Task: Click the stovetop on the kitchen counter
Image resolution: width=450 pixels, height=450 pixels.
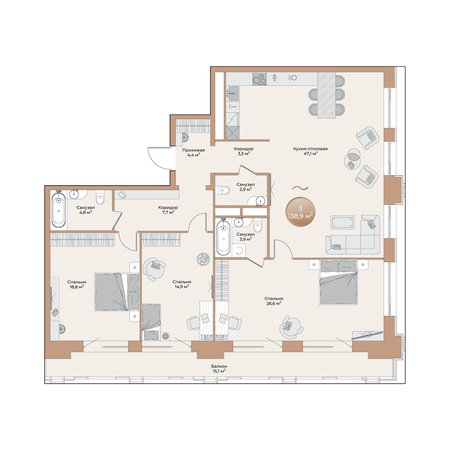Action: pos(259,79)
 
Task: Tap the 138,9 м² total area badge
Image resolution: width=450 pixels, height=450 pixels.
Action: pos(300,212)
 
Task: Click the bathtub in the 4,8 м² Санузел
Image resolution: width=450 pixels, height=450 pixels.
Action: pos(58,210)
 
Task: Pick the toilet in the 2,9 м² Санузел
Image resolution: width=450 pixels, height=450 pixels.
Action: pos(222,190)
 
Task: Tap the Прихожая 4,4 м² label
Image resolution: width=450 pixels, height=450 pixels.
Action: pos(193,152)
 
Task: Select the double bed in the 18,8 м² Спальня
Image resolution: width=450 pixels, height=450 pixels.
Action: pos(117,292)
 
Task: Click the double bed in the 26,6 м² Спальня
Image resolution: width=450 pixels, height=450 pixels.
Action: pos(338,283)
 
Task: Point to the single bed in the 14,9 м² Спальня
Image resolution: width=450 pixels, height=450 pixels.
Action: pos(151,322)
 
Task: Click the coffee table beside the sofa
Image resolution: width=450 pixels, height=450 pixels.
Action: pos(342,222)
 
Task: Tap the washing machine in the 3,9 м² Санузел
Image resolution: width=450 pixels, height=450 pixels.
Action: pos(238,250)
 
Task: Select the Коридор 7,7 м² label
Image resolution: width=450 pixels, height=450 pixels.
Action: pos(168,210)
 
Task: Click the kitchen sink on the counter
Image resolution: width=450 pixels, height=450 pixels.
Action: pos(233,93)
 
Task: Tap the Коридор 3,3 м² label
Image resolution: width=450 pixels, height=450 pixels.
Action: pos(243,151)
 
